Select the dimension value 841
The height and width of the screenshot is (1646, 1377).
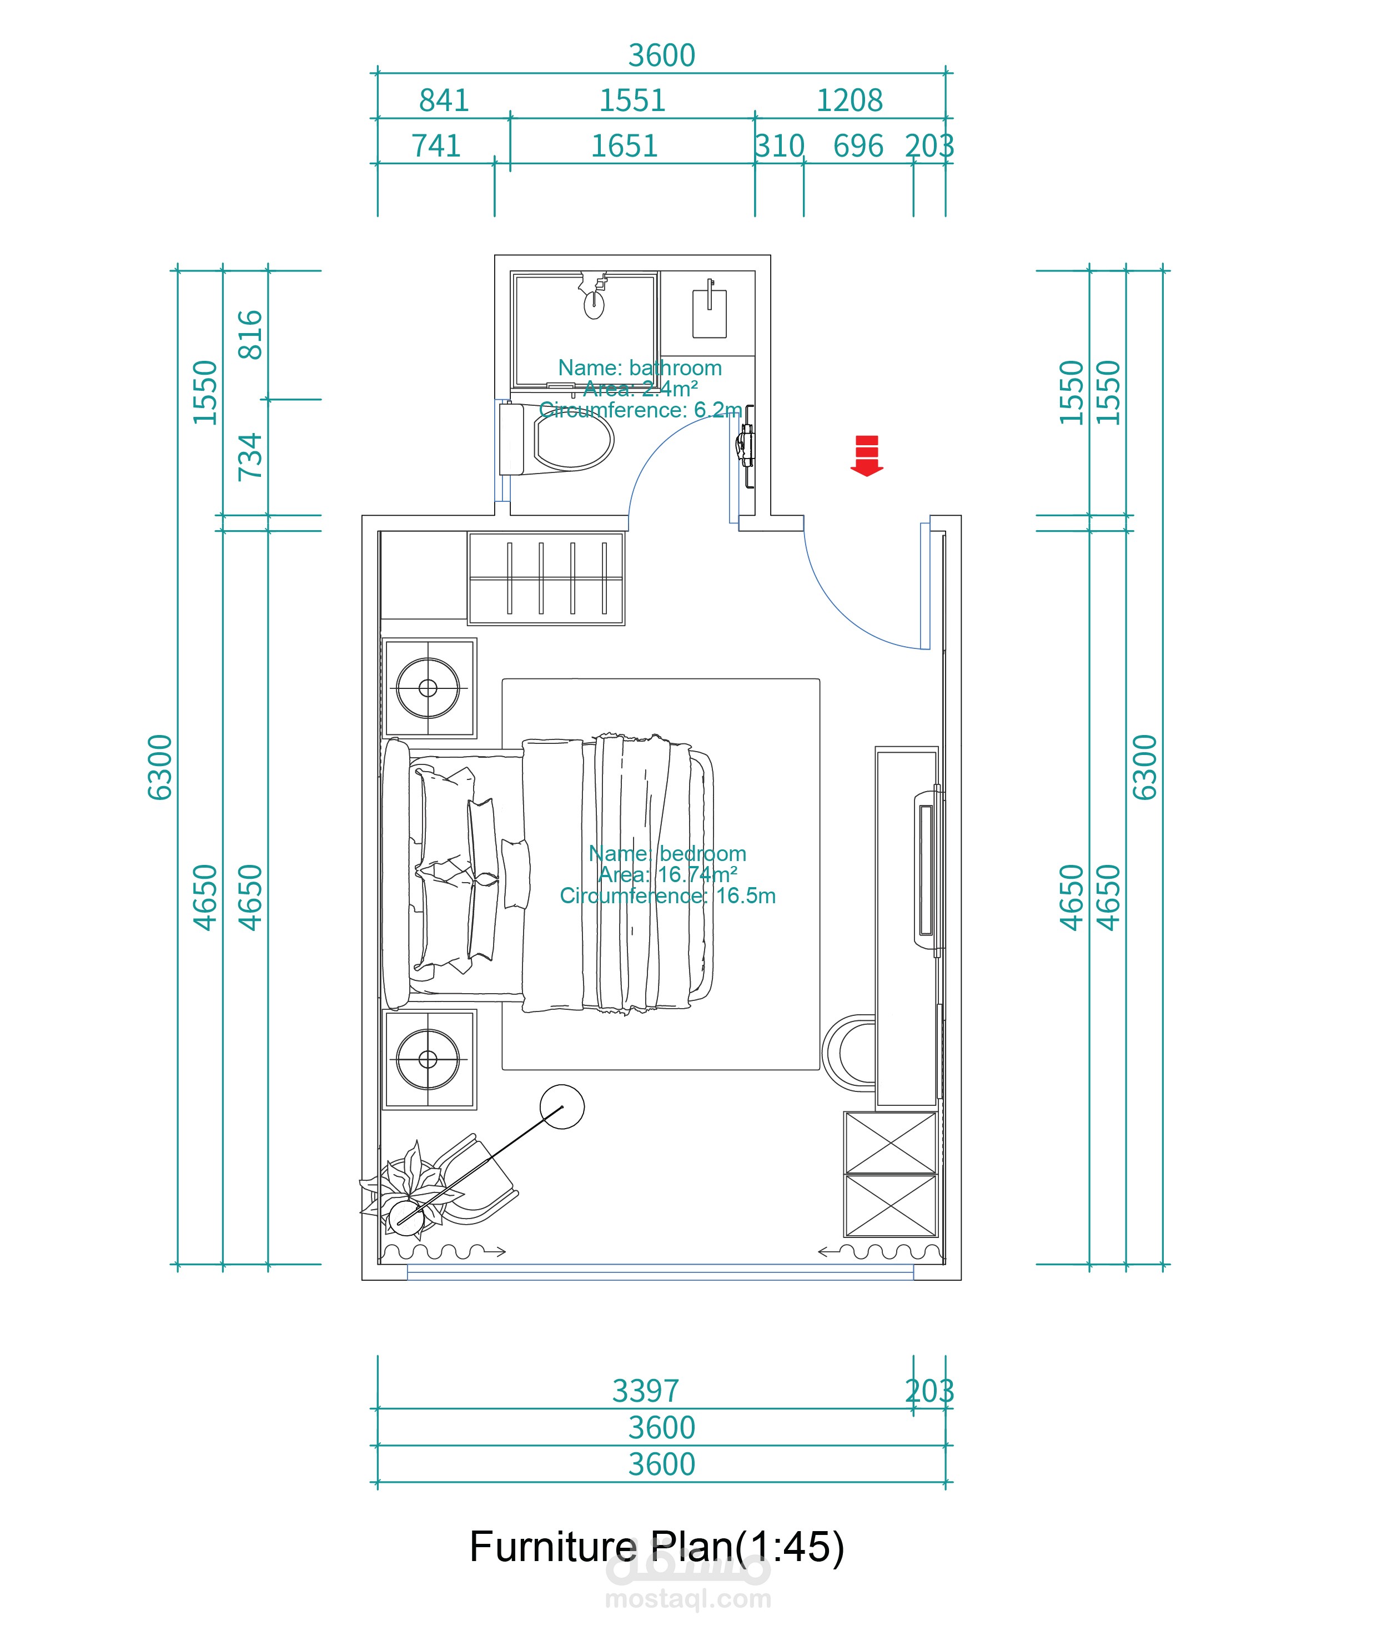[444, 100]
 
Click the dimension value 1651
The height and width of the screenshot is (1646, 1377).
[624, 146]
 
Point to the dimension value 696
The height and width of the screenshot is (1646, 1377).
[858, 146]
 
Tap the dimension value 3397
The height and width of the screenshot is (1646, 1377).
[645, 1391]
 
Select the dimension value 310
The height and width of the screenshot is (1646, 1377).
[780, 146]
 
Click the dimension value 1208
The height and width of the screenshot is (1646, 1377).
[850, 100]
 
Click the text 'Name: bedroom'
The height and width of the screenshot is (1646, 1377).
[667, 854]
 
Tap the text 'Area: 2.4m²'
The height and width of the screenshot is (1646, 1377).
[641, 389]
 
